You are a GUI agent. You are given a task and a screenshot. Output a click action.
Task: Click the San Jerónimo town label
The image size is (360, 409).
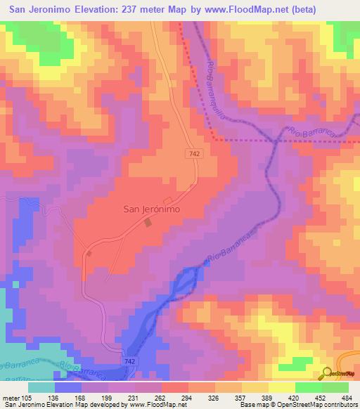[x=153, y=209]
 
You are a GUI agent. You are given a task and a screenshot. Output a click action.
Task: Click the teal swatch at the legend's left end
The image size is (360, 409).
[x=41, y=387]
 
